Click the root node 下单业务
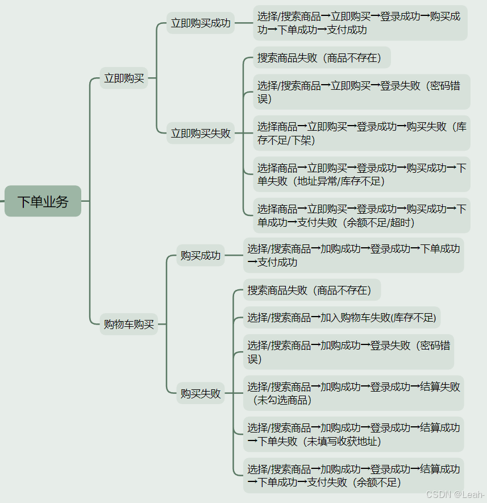click(43, 201)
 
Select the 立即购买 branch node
click(124, 78)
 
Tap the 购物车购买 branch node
click(129, 325)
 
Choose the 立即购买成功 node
click(201, 23)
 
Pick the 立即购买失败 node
click(201, 134)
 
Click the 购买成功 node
click(201, 256)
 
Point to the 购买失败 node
click(201, 393)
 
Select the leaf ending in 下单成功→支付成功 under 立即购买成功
click(360, 23)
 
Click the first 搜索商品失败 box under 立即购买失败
click(322, 57)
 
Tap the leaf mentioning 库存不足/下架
click(361, 134)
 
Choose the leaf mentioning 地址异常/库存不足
click(361, 174)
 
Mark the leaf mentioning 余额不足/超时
click(361, 216)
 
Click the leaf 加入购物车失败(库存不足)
click(342, 318)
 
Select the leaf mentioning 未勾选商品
click(353, 393)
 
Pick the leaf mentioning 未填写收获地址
click(353, 434)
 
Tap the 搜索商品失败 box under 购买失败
click(312, 290)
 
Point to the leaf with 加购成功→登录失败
click(349, 352)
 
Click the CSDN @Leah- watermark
click(455, 494)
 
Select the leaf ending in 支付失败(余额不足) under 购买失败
click(353, 476)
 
